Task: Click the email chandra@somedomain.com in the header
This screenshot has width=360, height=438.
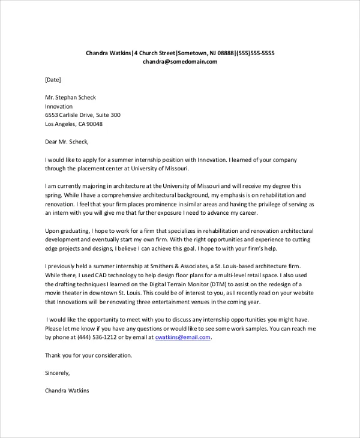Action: (179, 62)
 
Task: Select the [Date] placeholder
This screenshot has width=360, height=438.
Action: (53, 79)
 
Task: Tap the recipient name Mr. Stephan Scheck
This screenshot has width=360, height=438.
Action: (71, 97)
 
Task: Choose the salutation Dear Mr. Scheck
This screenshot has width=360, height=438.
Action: (67, 142)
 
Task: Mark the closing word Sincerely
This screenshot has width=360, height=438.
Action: (58, 373)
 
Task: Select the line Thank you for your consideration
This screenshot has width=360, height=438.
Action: (89, 355)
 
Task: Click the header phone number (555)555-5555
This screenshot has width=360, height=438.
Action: (255, 53)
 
